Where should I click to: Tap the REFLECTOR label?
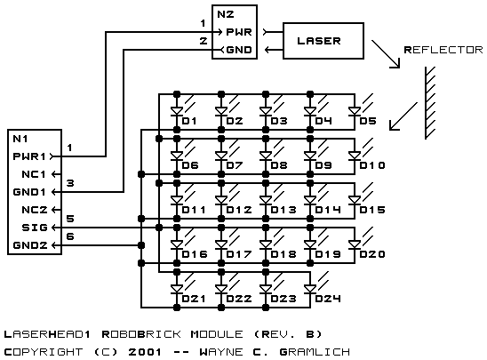tap(443, 50)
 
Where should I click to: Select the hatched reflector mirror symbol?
tap(430, 103)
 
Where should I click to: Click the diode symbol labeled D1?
tap(177, 111)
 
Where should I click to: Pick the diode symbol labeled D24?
tap(310, 289)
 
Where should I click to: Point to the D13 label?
tap(283, 210)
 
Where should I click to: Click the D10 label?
tap(372, 165)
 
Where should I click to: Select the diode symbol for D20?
tap(355, 244)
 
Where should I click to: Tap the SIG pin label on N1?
tap(35, 228)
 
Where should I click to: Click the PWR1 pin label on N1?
tap(29, 156)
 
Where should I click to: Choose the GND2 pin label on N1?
tap(30, 245)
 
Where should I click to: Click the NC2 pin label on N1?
tap(35, 210)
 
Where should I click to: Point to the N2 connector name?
tap(226, 14)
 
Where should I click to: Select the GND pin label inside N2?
tap(239, 50)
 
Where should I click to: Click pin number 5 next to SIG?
tap(70, 219)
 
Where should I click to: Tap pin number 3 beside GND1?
tap(70, 183)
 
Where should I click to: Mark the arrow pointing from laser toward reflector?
tap(386, 53)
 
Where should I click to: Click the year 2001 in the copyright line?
tap(145, 352)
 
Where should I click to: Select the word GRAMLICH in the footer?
tap(315, 352)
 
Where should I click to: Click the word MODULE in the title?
tap(217, 334)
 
